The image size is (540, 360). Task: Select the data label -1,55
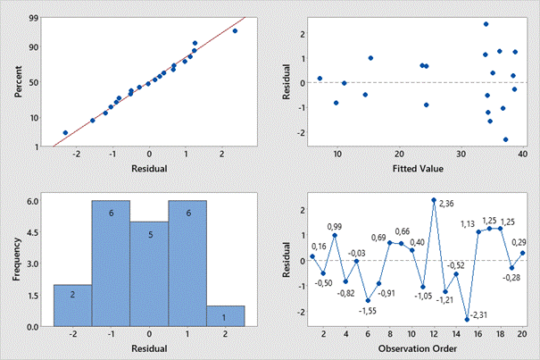point(367,310)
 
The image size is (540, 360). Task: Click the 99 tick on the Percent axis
point(34,18)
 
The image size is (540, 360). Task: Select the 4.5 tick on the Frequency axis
point(32,233)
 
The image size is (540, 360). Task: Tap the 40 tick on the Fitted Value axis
point(521,155)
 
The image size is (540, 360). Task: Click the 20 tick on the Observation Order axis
point(523,336)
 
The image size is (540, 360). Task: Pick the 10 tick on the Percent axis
point(33,117)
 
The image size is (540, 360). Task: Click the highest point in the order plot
point(434,200)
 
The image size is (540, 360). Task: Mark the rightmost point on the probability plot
point(235,31)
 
